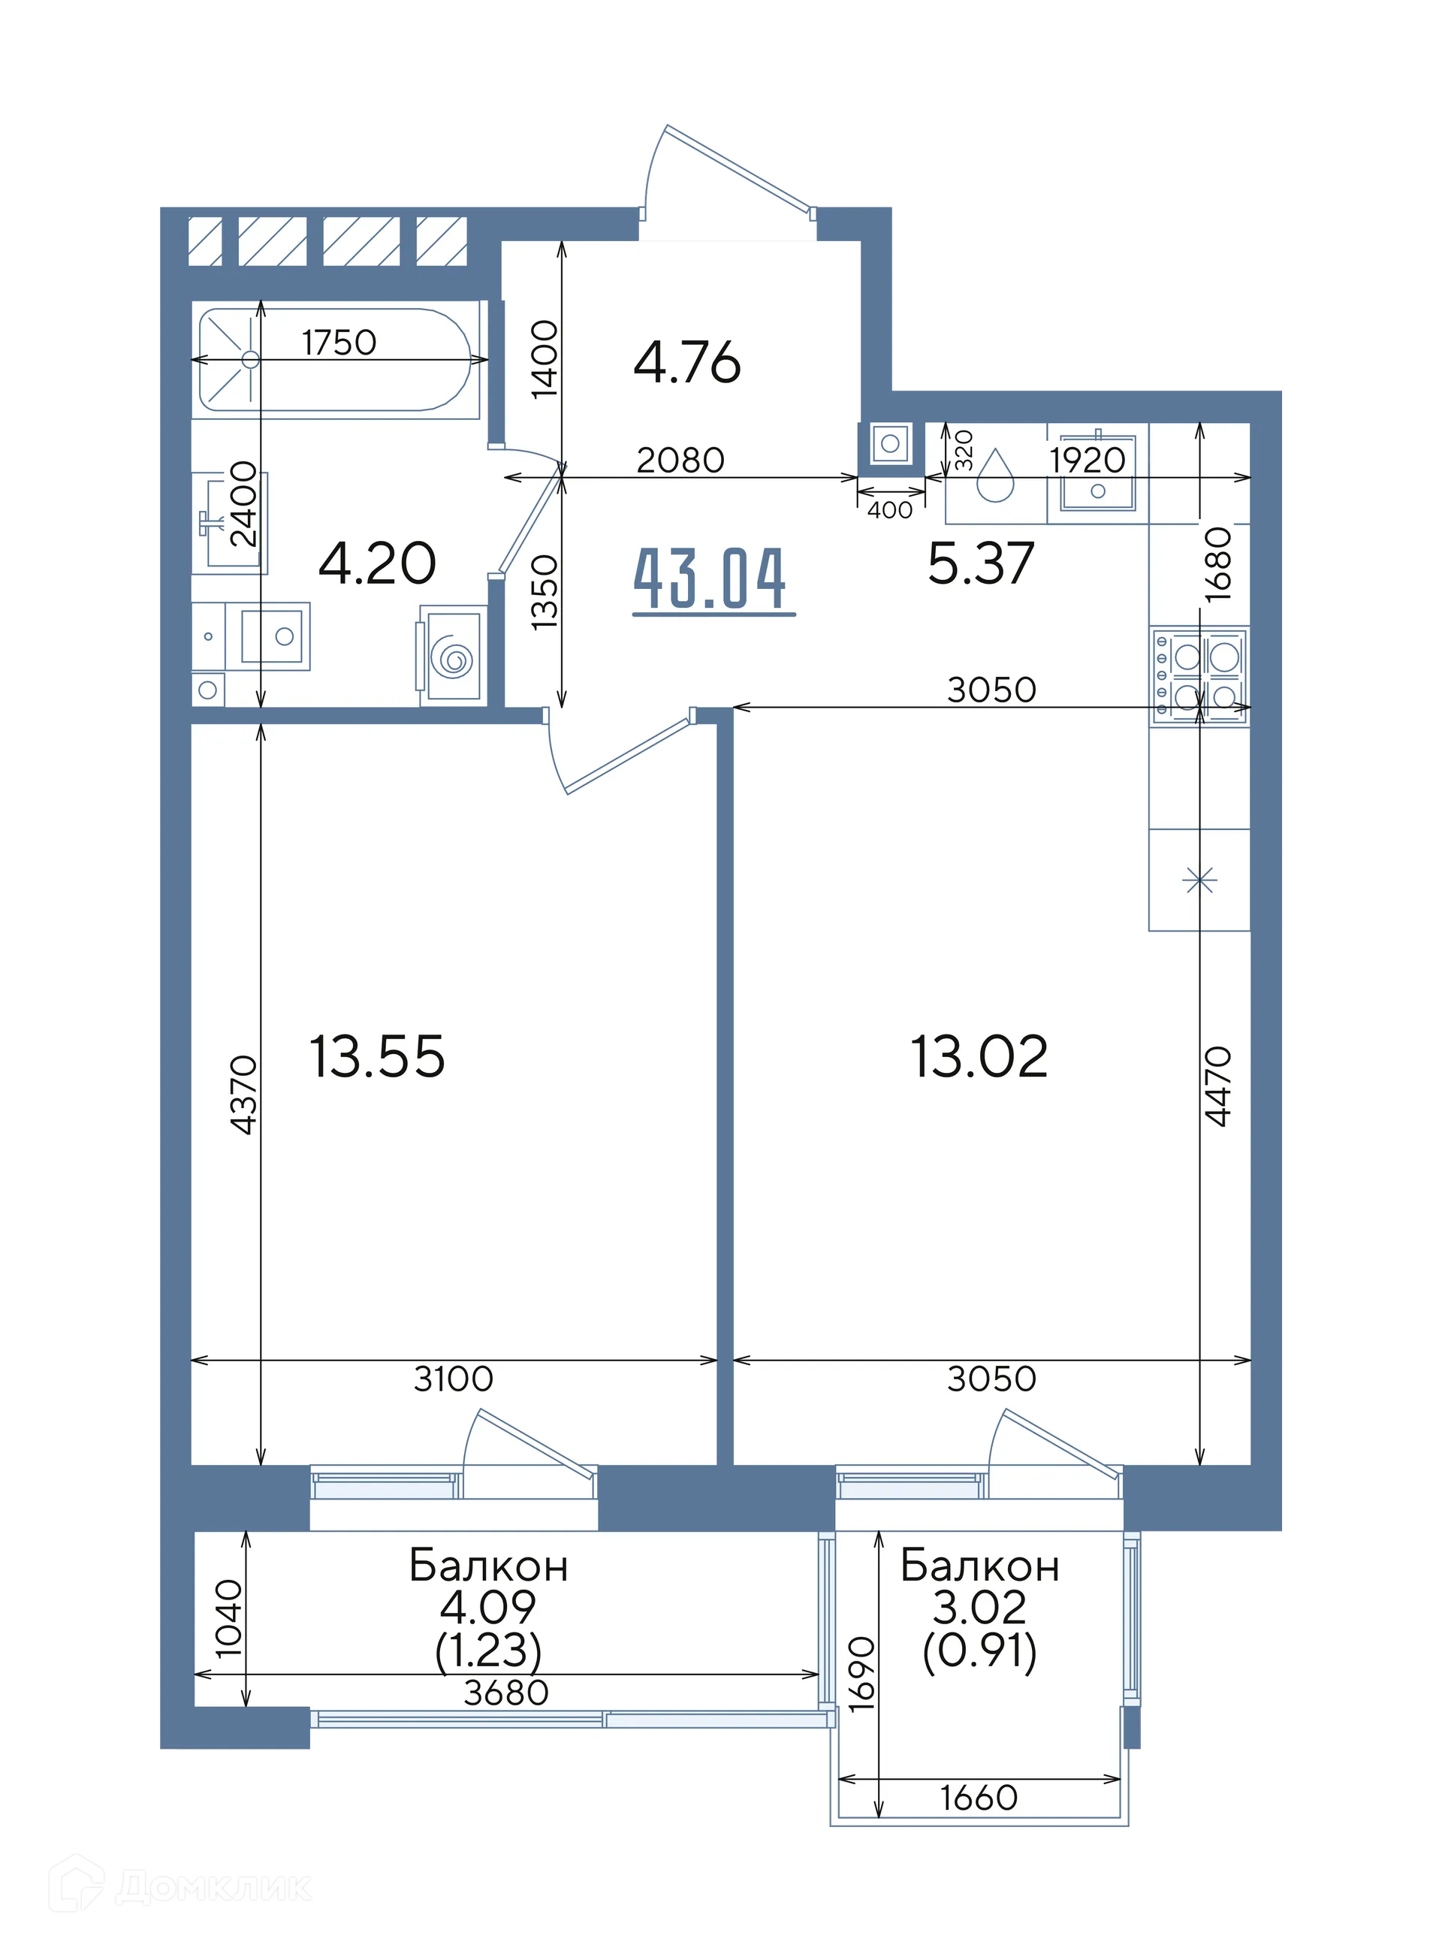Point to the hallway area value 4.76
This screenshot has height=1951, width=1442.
[687, 362]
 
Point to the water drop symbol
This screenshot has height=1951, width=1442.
[995, 476]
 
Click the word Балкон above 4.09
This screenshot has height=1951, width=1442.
[488, 1566]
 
